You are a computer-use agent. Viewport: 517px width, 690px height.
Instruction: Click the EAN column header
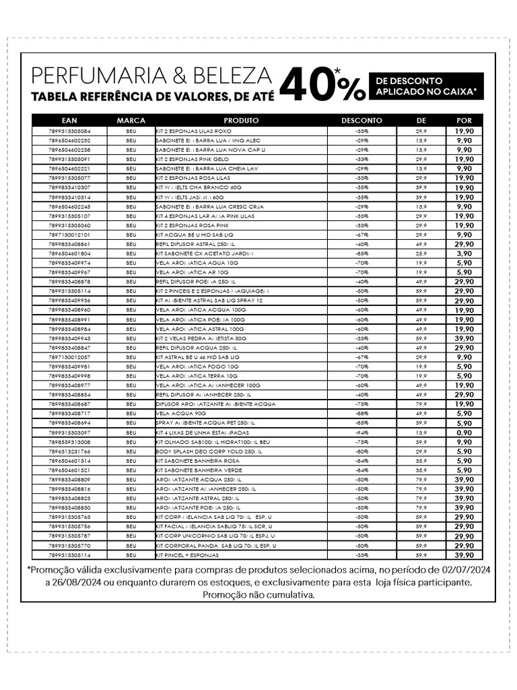(69, 121)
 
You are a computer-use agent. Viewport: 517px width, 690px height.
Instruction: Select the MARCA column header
(131, 121)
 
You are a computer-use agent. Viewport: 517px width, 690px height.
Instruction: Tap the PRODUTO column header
(241, 121)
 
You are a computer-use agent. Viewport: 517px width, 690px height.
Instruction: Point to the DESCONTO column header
(361, 121)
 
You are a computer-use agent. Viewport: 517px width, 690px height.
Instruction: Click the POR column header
(464, 121)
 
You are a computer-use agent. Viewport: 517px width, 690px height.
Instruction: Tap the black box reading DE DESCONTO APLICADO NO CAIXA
(425, 86)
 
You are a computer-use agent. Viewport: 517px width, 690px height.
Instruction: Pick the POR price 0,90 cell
(464, 433)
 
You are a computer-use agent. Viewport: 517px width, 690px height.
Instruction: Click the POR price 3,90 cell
(464, 253)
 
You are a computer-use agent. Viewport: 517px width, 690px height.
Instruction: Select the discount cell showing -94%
(361, 433)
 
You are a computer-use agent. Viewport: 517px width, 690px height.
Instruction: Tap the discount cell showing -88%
(361, 414)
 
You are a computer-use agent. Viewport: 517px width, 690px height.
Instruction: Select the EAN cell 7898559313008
(69, 442)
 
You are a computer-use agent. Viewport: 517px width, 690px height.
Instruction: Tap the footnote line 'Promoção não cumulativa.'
(258, 595)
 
